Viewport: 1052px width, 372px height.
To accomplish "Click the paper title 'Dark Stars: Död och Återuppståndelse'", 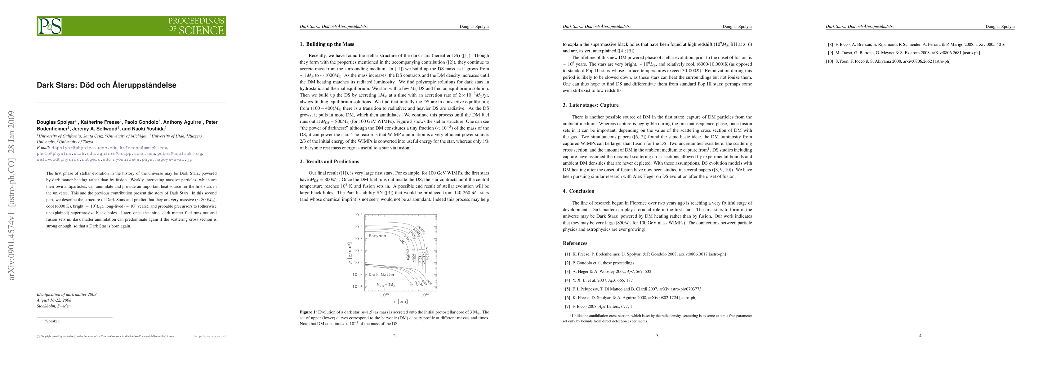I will tap(107, 85).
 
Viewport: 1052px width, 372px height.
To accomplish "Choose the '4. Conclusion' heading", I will tap(578, 191).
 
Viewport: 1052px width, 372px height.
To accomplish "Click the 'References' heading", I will tap(575, 243).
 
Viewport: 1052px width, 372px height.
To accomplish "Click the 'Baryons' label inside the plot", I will tap(377, 236).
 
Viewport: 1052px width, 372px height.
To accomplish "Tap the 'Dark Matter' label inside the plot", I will tap(381, 274).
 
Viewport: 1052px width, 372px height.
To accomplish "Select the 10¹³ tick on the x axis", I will tap(384, 295).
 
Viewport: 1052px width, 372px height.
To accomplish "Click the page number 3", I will tap(657, 336).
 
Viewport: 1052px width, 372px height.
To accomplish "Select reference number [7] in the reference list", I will tap(568, 306).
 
